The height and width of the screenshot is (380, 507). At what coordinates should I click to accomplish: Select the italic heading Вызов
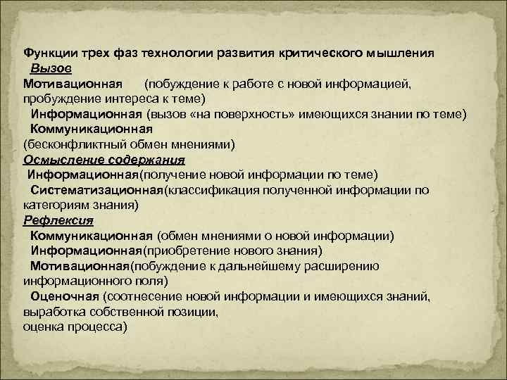(x=50, y=68)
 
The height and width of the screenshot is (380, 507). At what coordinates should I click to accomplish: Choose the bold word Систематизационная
(x=96, y=190)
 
